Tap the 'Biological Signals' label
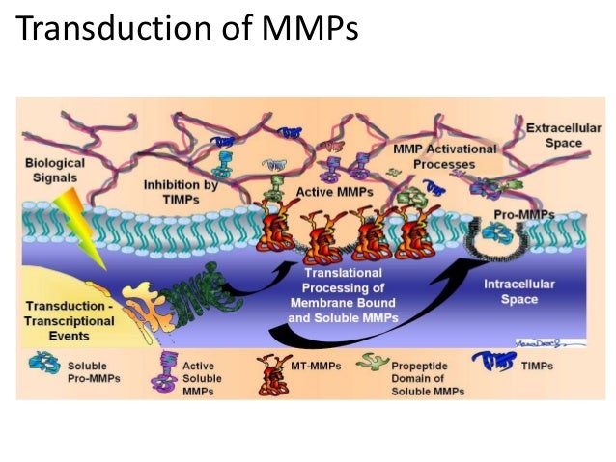coord(55,171)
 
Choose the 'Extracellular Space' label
coord(555,135)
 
